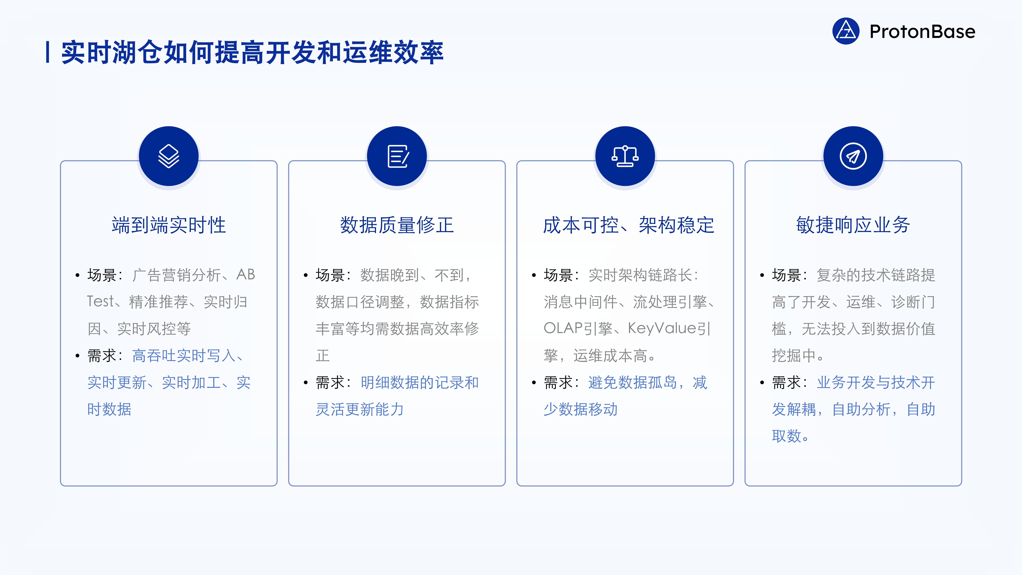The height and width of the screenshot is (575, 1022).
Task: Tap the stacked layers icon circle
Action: point(169,156)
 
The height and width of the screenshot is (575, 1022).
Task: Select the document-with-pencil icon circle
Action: point(397,156)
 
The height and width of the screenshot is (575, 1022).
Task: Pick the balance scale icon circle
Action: point(625,156)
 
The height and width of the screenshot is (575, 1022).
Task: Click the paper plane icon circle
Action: point(853,156)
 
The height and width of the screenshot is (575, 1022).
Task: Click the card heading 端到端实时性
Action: point(169,225)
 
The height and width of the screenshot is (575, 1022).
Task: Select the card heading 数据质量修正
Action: point(397,225)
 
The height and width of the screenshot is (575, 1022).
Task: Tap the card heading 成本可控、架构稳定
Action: point(628,225)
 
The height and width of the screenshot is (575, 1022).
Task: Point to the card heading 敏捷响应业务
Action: point(853,225)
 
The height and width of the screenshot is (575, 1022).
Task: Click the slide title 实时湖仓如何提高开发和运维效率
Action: point(252,52)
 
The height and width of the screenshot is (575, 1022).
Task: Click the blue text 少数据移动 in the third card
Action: point(580,409)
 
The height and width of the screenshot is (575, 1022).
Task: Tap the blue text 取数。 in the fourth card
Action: point(790,436)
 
